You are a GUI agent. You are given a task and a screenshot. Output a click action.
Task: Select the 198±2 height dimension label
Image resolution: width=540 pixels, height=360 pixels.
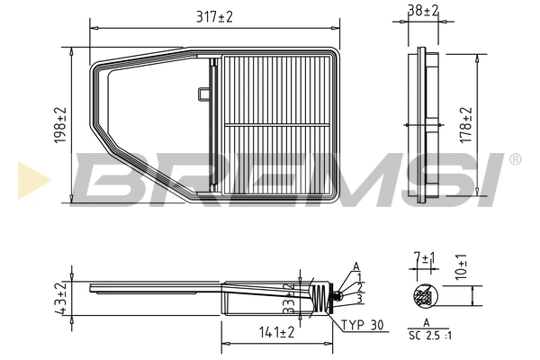(x=60, y=125)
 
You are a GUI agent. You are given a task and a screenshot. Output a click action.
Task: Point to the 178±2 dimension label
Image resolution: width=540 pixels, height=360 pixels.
(x=466, y=125)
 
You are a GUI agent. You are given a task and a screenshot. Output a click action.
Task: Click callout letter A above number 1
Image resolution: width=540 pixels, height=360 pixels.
(x=356, y=265)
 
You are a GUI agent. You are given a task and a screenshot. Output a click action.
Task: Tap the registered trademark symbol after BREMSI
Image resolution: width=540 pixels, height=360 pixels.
(x=515, y=159)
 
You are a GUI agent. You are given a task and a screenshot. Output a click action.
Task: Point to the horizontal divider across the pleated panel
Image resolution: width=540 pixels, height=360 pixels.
(x=278, y=123)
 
